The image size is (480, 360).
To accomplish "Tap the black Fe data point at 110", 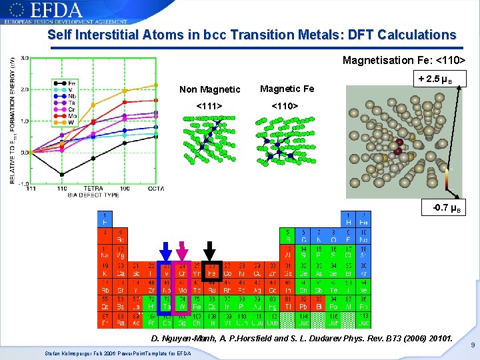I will coord(62,174).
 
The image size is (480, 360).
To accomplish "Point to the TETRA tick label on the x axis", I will coord(93,189).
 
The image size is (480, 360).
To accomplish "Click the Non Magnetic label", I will coord(210,89).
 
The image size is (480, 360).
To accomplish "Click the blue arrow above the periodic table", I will coord(165,249).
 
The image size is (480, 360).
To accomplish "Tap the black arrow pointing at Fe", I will coord(210,249).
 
